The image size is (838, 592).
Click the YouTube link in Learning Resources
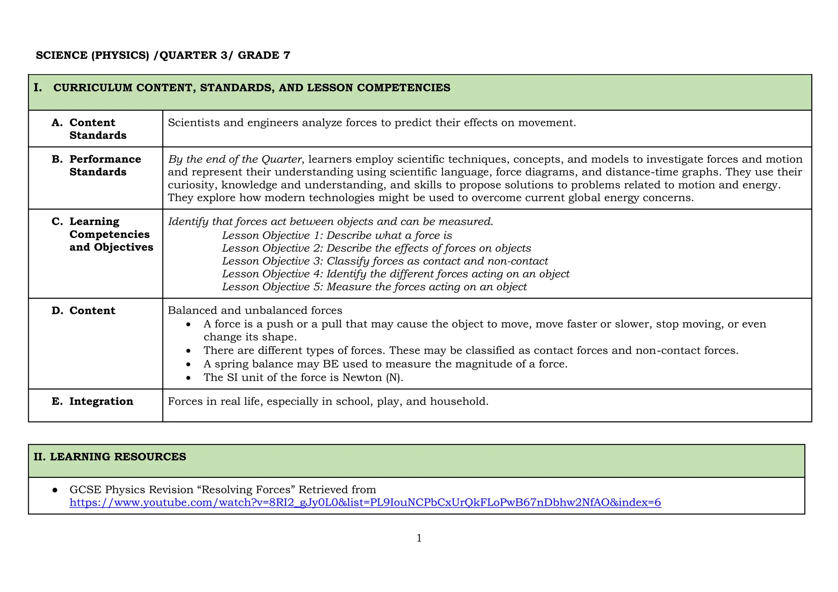(x=365, y=502)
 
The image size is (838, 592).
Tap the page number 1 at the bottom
(x=419, y=538)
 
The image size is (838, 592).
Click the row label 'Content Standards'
(x=98, y=129)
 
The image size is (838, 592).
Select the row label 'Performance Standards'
(x=105, y=166)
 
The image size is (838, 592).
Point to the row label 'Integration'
(x=101, y=401)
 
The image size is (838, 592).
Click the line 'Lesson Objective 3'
(x=385, y=261)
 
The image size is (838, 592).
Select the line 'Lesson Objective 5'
(x=374, y=287)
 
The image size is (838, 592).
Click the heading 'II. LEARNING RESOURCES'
(x=110, y=457)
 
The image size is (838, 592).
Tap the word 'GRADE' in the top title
(x=258, y=56)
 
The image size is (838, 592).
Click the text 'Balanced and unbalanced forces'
(x=255, y=311)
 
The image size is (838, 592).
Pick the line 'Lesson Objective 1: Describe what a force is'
(x=337, y=236)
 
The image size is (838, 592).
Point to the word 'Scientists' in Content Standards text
(x=194, y=123)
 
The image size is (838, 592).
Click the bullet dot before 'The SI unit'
(x=188, y=378)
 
